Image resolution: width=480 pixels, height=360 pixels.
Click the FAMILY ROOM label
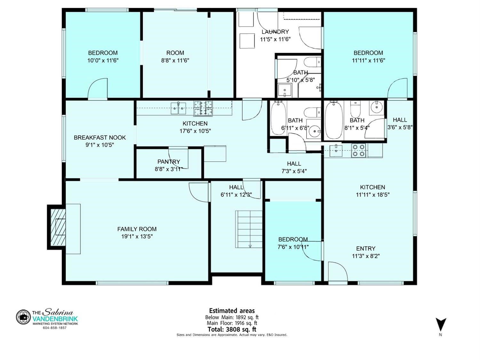click(137, 229)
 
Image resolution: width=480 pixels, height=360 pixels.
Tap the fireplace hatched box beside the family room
click(58, 227)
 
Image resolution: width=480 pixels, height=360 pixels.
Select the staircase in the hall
click(249, 229)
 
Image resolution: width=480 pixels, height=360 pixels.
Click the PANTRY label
click(169, 162)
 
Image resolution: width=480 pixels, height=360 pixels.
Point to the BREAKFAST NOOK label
click(100, 138)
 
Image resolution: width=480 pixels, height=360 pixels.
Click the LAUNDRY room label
click(275, 32)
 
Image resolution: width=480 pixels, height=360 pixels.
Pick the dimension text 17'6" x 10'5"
click(195, 131)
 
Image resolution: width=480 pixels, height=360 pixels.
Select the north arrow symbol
click(441, 327)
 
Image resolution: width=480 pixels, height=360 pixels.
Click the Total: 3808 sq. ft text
click(232, 329)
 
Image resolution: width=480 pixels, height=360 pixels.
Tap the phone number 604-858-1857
click(55, 328)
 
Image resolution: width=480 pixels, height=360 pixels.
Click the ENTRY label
click(366, 248)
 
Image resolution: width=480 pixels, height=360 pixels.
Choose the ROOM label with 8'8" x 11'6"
click(175, 53)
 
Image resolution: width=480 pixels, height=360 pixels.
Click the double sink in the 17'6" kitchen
click(179, 108)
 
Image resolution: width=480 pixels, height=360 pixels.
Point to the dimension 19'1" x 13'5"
click(137, 236)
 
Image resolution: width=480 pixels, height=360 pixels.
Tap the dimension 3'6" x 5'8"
click(400, 127)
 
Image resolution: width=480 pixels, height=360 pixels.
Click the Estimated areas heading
click(232, 311)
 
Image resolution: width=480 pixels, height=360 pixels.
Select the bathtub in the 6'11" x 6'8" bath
click(278, 119)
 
